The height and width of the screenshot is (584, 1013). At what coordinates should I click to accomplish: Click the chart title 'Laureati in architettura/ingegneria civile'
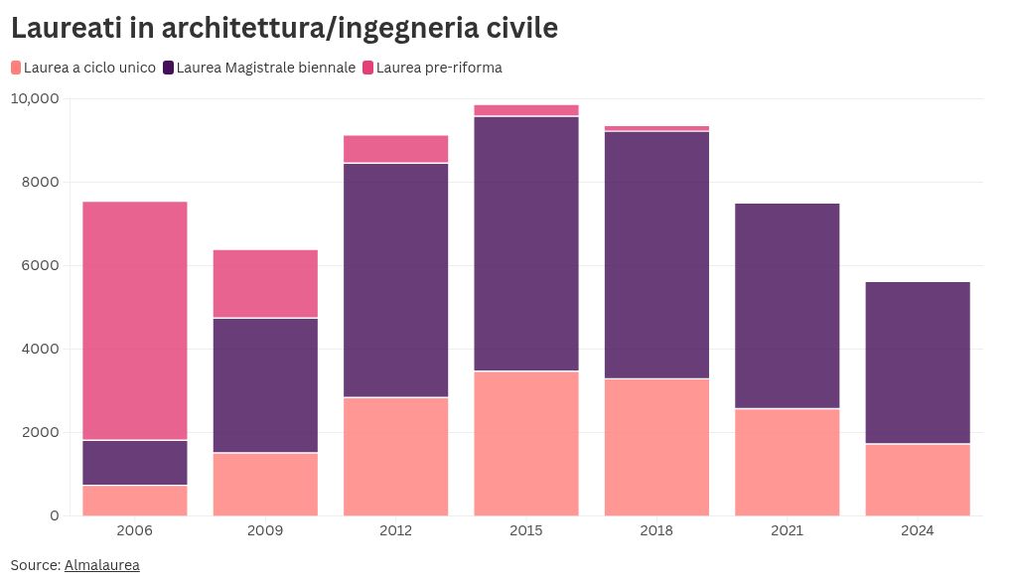pos(284,29)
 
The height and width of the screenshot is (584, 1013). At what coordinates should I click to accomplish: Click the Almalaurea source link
pos(101,565)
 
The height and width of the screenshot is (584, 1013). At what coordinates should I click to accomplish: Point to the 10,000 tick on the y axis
pos(35,98)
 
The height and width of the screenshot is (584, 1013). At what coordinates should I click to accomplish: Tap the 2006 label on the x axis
pos(134,530)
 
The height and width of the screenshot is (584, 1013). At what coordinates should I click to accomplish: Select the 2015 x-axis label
pos(525,530)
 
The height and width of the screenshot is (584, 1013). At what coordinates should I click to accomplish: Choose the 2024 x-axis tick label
pos(917,530)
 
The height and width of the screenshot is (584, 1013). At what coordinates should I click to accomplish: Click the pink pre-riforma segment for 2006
pos(134,320)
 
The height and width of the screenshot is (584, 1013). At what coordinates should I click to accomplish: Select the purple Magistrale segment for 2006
pos(134,462)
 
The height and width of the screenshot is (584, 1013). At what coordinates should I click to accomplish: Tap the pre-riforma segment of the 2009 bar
pos(265,283)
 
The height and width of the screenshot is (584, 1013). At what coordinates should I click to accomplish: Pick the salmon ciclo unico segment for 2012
pos(395,456)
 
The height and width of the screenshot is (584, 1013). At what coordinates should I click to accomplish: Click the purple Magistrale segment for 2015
pos(525,243)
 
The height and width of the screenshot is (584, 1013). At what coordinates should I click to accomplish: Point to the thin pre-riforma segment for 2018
pos(656,128)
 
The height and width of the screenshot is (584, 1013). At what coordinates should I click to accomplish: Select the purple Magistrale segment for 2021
pos(787,305)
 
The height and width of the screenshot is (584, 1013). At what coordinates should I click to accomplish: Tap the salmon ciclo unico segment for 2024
pos(917,480)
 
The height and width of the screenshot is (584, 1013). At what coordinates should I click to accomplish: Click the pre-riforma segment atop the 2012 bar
pos(395,149)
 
